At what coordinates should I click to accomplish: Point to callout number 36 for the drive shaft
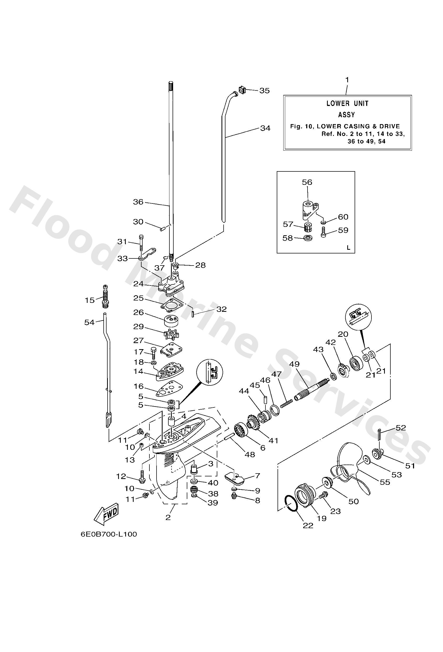pos(138,202)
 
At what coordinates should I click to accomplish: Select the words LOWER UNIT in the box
pos(347,103)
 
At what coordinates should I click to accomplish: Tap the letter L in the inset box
pos(349,247)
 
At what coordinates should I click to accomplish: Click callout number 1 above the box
pos(347,80)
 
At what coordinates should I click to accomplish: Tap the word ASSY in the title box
pos(346,115)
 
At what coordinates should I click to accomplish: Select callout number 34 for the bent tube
pos(265,128)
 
